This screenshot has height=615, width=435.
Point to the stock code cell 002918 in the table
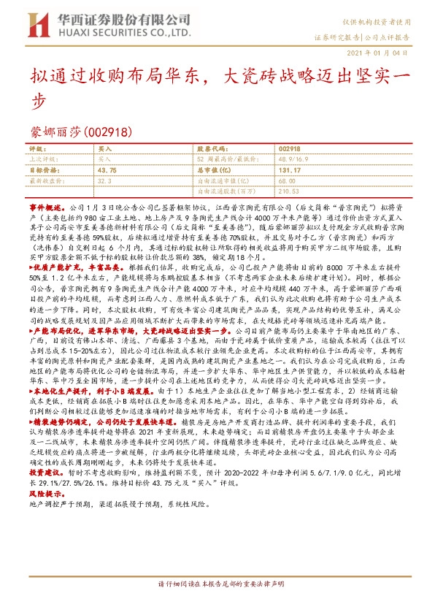[x=290, y=148]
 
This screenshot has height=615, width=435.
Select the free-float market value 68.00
[x=287, y=180]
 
